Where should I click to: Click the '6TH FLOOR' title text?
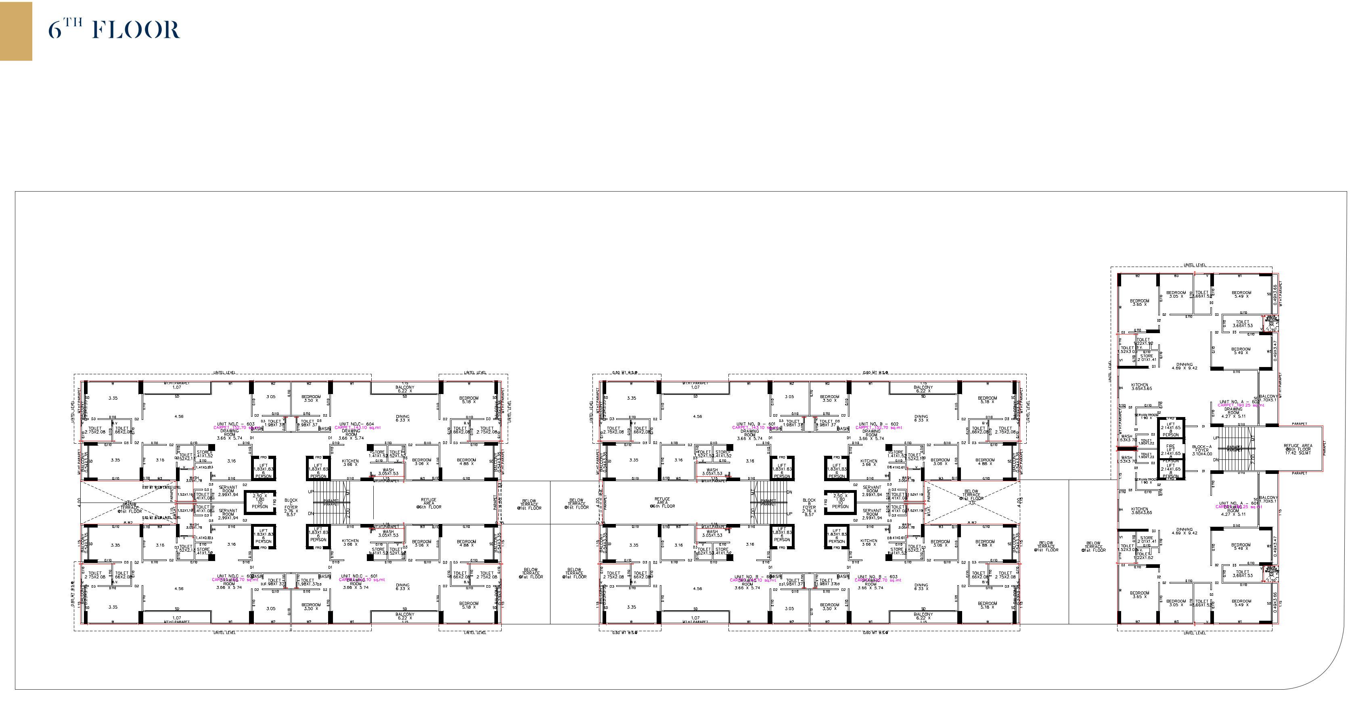114,30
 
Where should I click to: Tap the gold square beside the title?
16,31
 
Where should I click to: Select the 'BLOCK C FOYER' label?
291,507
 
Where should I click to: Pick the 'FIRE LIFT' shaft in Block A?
1170,450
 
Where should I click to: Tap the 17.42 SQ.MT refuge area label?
1298,449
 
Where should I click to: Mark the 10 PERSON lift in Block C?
259,501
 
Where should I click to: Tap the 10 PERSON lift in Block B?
840,501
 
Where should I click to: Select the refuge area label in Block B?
662,503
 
